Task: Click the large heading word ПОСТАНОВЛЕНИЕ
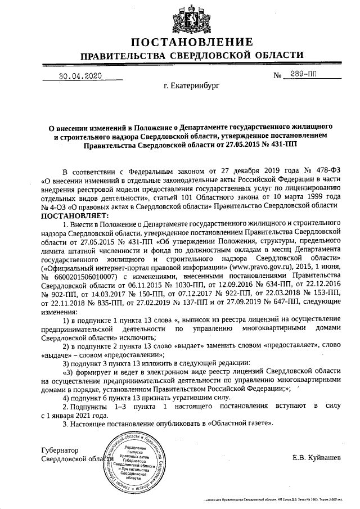click(192, 43)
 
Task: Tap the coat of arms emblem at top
click(192, 17)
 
